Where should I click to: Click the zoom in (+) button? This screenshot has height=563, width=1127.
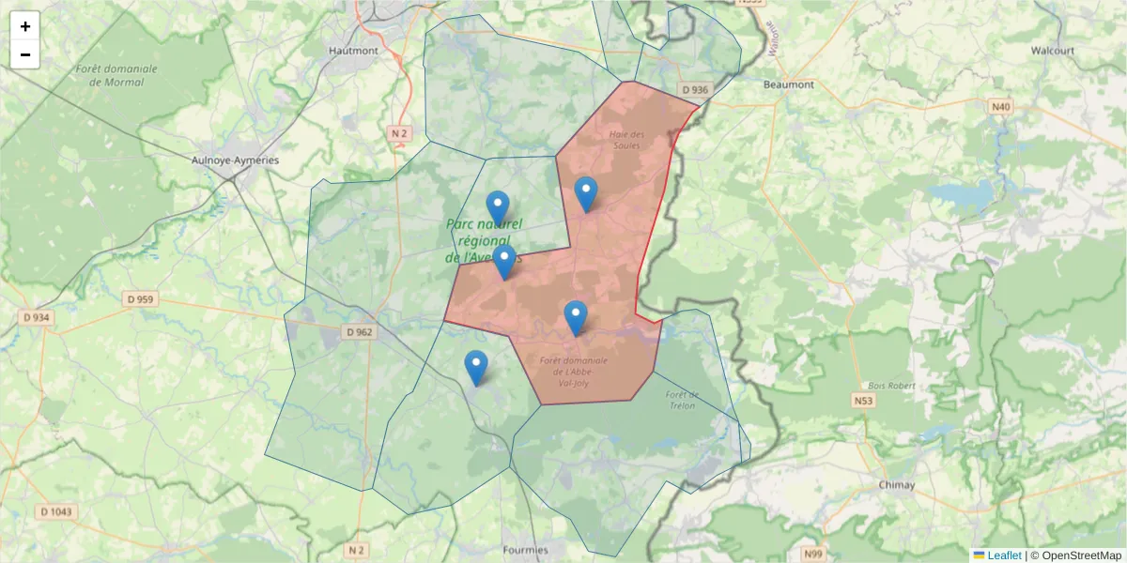[25, 26]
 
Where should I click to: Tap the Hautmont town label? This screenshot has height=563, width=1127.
[353, 50]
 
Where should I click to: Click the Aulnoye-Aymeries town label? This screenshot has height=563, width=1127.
[235, 160]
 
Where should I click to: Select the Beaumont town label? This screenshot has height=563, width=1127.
[789, 84]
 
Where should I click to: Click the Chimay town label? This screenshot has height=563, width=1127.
[896, 484]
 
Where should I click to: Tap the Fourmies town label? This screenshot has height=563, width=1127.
[525, 549]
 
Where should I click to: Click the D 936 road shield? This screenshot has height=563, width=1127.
[695, 89]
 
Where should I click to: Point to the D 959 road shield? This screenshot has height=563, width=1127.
[141, 299]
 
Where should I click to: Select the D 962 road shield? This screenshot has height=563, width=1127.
[359, 332]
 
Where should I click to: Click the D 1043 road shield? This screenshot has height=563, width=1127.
[57, 511]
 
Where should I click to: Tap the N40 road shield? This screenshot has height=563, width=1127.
[1001, 107]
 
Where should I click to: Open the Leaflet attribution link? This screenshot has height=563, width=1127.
[1003, 555]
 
